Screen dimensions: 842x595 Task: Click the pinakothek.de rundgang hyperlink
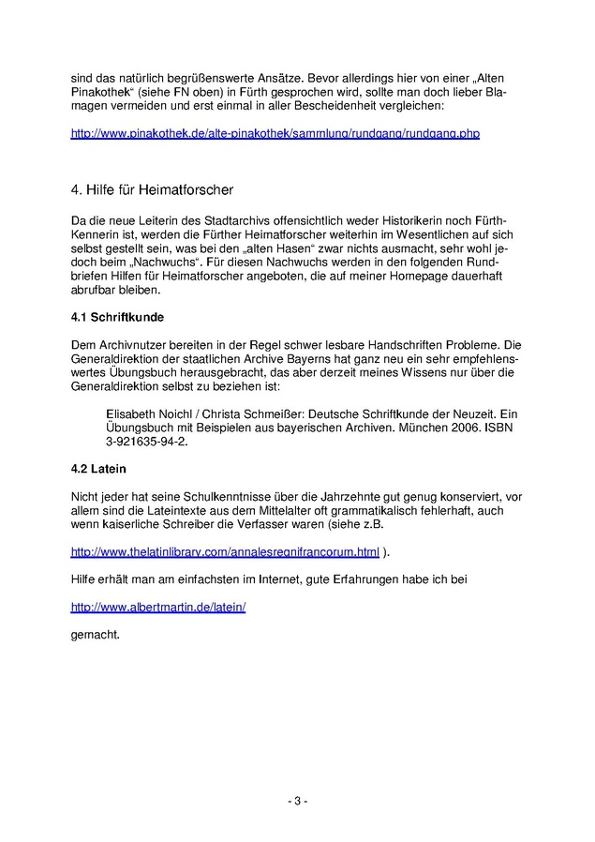coord(275,134)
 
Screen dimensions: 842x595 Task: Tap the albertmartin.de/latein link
coord(158,607)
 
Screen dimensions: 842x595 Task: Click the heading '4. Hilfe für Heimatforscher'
coord(152,189)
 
